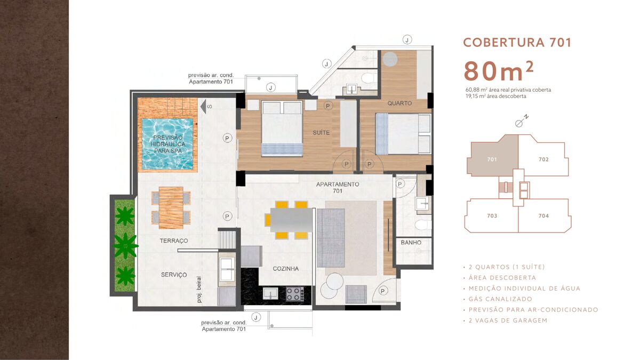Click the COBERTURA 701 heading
[517, 43]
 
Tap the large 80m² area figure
[498, 71]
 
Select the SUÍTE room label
[321, 133]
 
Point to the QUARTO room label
[399, 103]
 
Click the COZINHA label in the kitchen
[285, 269]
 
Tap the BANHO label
[411, 243]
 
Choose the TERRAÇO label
[174, 241]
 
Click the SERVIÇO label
[174, 275]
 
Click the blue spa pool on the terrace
[167, 143]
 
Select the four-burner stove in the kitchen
[295, 294]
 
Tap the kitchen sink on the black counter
[270, 293]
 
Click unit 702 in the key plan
[543, 159]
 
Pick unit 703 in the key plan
[492, 215]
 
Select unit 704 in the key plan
[543, 215]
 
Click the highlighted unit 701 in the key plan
[492, 159]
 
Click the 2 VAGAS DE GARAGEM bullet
[506, 321]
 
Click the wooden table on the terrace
[171, 207]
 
